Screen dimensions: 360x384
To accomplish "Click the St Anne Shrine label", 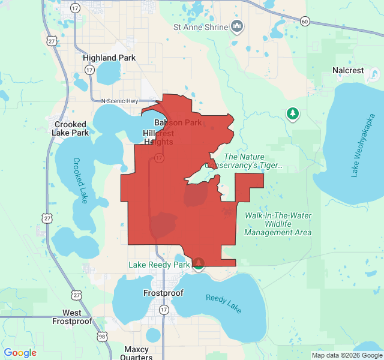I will tap(200, 27).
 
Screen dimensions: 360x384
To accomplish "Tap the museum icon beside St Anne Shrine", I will tap(237, 26).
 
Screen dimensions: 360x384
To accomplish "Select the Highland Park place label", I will tap(109, 58).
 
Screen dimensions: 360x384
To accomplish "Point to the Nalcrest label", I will tap(348, 70).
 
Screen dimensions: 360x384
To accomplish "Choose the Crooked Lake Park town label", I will tap(70, 128).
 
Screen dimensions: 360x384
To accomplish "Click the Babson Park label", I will tap(178, 123).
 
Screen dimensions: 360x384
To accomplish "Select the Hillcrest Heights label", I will tap(158, 137).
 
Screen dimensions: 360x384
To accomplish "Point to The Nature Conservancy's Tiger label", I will tap(244, 161).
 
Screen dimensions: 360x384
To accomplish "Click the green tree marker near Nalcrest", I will tap(292, 113).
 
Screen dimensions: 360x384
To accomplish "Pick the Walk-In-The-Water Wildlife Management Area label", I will tap(278, 224).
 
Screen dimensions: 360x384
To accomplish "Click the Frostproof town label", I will tap(163, 293).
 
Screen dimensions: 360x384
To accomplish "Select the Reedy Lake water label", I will tap(223, 303).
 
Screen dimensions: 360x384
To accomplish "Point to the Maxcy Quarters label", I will tap(136, 353).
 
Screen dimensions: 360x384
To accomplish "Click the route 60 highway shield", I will tap(305, 22).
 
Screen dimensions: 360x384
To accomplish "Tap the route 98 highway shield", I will tap(102, 336).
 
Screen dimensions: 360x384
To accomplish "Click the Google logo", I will tap(20, 353).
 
